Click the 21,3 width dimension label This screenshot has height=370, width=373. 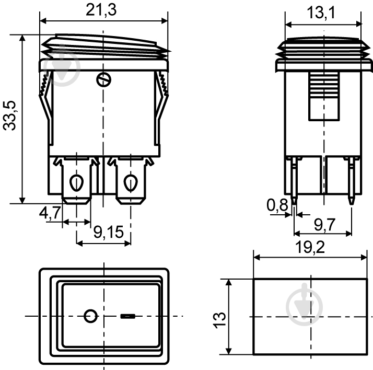pyautogui.click(x=101, y=10)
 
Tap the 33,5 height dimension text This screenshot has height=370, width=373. pyautogui.click(x=9, y=115)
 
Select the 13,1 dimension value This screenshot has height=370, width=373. pyautogui.click(x=321, y=13)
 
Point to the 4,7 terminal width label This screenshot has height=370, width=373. pyautogui.click(x=50, y=213)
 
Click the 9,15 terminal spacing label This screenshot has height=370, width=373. pyautogui.click(x=109, y=232)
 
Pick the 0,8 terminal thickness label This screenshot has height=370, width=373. pyautogui.click(x=277, y=205)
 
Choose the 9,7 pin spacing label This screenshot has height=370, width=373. pyautogui.click(x=324, y=224)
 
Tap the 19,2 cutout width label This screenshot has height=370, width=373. pyautogui.click(x=310, y=247)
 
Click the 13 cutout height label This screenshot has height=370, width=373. pyautogui.click(x=219, y=320)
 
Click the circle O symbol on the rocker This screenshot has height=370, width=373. pyautogui.click(x=90, y=316)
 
